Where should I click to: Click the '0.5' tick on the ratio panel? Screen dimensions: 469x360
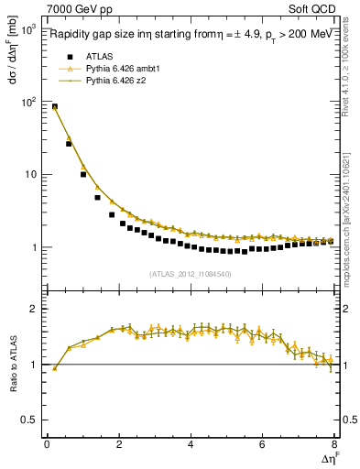click(27, 420)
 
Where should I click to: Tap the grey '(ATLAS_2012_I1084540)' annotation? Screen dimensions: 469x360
click(191, 273)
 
